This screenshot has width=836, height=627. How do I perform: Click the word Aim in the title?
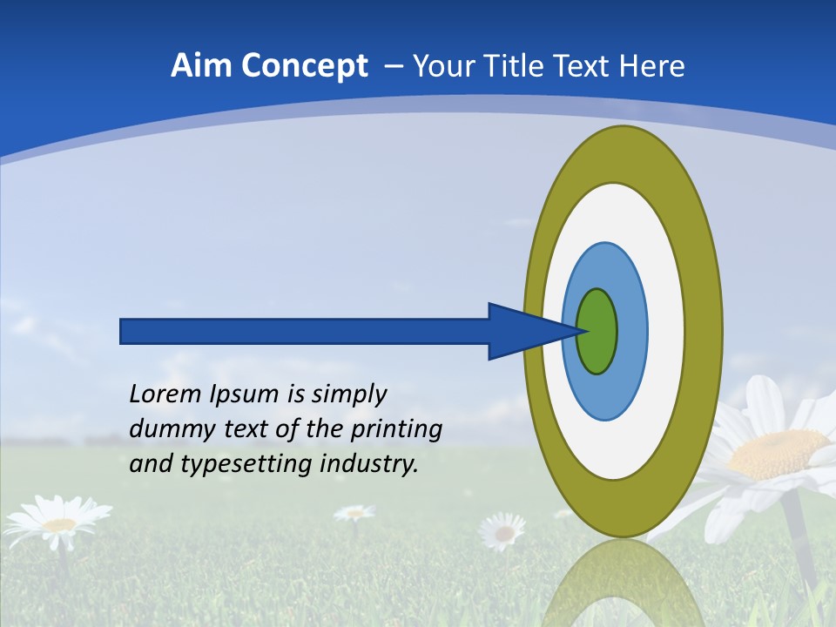coord(201,66)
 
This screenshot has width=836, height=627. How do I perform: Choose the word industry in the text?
coord(369,463)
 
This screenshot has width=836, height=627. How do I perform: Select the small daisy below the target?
coord(503,529)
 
